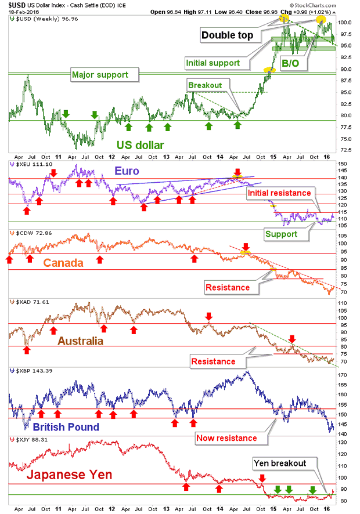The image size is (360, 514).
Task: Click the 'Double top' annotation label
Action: [x=227, y=35]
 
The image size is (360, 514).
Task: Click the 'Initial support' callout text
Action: [x=213, y=63]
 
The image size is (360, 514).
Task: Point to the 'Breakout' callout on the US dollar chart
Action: [x=204, y=85]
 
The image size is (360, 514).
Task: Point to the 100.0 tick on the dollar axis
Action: [x=345, y=22]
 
